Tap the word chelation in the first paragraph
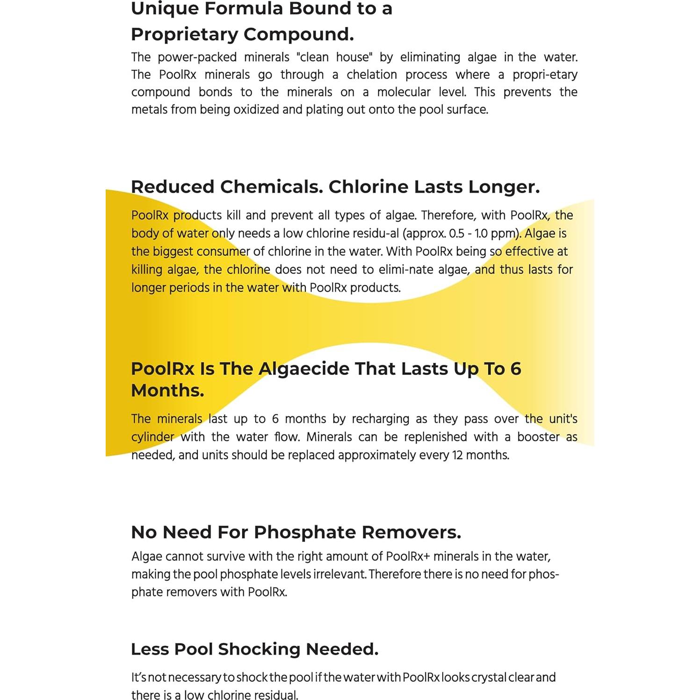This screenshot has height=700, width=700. [x=372, y=75]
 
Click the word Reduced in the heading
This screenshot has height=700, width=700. [x=172, y=187]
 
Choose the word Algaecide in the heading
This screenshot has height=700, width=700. [x=304, y=369]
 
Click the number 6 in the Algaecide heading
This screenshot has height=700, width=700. [x=515, y=369]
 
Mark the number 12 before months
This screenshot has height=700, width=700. [x=457, y=455]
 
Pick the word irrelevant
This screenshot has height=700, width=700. [x=340, y=574]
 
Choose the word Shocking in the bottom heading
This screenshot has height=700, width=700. [x=259, y=649]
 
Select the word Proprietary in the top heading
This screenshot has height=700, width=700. [x=184, y=35]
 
